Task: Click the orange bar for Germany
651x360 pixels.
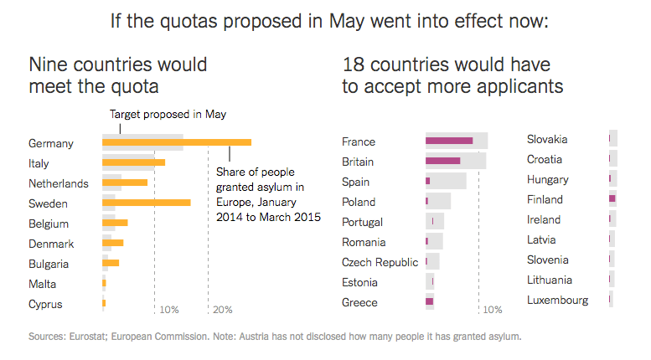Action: tap(176, 142)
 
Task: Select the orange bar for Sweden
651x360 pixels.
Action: tap(146, 203)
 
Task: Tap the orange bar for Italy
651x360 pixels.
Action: tap(133, 162)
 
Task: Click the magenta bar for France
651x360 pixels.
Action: tap(449, 141)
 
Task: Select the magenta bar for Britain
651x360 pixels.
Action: tap(442, 161)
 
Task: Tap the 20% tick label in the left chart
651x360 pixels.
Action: tap(223, 310)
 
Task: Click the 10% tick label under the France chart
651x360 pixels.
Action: tap(492, 310)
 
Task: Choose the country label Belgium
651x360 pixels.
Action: tap(49, 224)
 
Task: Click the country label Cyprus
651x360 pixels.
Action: tap(45, 304)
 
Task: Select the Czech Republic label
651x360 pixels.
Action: tap(380, 262)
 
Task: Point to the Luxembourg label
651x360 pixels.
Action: tap(557, 300)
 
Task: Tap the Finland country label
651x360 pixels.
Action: tap(545, 199)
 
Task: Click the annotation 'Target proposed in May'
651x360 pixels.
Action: tap(168, 116)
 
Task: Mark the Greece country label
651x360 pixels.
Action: tap(359, 302)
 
